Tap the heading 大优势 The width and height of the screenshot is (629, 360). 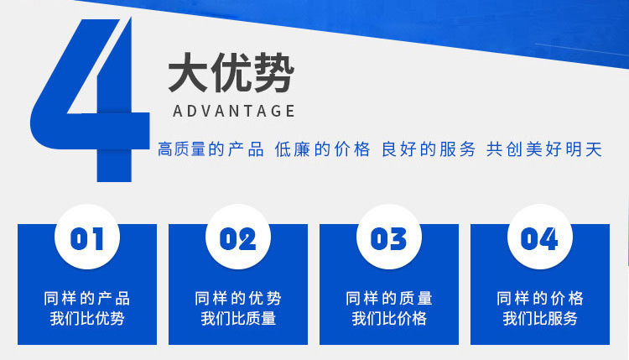231,73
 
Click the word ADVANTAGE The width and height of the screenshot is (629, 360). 234,111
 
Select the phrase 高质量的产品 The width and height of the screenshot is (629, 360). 211,149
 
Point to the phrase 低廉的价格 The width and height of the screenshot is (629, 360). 322,149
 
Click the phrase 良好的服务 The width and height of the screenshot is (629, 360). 428,149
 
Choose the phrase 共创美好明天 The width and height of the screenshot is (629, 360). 544,149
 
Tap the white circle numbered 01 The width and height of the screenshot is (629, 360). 87,237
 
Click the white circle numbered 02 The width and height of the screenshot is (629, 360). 238,237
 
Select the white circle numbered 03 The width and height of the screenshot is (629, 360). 388,237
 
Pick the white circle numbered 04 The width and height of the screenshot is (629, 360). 540,237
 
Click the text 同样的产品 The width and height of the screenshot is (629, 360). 87,299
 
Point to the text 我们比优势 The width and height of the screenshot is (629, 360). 87,319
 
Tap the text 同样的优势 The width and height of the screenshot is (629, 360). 238,299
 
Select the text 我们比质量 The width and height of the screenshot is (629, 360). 238,319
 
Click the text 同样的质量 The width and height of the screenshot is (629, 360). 389,299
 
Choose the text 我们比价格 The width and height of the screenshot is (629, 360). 389,319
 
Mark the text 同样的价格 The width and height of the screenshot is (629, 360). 540,299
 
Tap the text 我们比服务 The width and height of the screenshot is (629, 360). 540,319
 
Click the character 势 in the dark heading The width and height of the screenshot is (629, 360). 274,73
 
